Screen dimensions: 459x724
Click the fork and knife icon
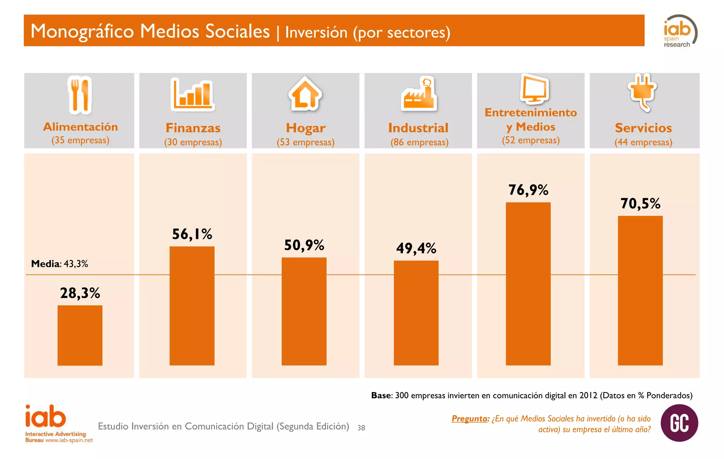(80, 95)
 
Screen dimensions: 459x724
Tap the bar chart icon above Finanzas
(193, 93)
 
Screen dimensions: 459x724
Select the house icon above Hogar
(305, 93)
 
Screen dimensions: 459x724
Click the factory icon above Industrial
(419, 94)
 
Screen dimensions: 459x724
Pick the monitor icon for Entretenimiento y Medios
(534, 88)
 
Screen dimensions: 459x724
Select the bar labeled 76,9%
(528, 283)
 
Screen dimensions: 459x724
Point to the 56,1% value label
(192, 234)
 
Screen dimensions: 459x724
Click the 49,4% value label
(416, 248)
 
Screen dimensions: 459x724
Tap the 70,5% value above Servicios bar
(640, 203)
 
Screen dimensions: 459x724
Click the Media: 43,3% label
(59, 264)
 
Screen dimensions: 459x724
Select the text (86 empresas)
(419, 142)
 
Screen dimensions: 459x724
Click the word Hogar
(305, 128)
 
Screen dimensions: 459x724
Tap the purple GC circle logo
(679, 423)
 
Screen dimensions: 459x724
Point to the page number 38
(361, 428)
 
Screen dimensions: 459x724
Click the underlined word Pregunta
(470, 419)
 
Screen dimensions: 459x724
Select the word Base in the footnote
(381, 395)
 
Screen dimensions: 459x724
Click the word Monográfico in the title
(82, 31)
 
